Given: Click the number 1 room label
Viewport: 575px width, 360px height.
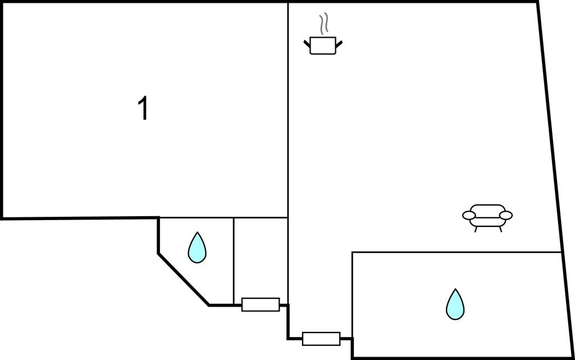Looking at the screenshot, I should tap(144, 109).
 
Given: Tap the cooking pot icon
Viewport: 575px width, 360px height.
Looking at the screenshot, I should tap(323, 45).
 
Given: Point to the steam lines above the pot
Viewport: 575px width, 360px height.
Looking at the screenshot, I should tap(323, 25).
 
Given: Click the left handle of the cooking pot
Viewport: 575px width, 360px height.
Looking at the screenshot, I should tap(307, 43).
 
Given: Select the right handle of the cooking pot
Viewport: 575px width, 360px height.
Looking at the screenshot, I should tap(339, 43).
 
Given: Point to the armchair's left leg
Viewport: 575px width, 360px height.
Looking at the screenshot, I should tap(476, 229).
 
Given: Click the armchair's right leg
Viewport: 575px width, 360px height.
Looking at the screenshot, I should tap(500, 229).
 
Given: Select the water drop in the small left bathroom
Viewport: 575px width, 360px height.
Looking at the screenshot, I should tap(197, 248).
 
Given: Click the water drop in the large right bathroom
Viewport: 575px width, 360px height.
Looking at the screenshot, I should tap(455, 304).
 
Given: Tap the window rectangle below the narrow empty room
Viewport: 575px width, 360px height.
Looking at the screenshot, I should tap(261, 304).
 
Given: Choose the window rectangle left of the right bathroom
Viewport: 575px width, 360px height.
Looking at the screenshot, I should tap(321, 339).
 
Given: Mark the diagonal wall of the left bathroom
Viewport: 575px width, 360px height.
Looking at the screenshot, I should tap(183, 279).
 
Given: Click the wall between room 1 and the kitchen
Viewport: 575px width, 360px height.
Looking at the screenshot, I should tap(288, 112).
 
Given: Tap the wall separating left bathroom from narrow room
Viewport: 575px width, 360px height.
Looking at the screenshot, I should tap(234, 258).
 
